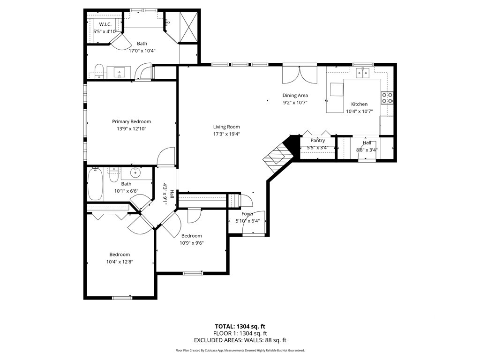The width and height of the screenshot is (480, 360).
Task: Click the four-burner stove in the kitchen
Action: (387, 98)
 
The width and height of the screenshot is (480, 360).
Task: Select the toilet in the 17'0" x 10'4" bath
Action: (98, 71)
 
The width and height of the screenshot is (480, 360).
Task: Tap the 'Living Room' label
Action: (226, 127)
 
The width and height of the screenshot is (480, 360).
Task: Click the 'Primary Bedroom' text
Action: (131, 121)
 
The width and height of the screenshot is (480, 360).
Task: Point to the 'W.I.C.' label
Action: (105, 24)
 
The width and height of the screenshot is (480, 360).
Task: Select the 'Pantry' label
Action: (317, 140)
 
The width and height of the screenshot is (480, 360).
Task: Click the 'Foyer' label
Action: (247, 214)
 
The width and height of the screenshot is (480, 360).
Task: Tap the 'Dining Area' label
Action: (295, 96)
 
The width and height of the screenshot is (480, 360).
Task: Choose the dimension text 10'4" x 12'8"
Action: (120, 262)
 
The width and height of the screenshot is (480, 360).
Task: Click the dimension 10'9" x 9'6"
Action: (191, 243)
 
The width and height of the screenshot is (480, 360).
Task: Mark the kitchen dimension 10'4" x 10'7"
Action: (360, 112)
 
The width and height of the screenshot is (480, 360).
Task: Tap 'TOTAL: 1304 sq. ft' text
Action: (240, 326)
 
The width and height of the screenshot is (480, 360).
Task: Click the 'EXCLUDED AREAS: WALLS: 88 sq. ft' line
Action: (240, 340)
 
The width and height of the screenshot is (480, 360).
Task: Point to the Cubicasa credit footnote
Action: (240, 351)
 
